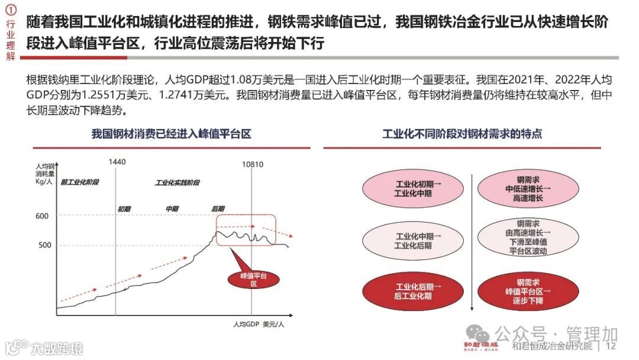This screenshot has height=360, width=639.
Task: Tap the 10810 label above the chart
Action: pos(253,164)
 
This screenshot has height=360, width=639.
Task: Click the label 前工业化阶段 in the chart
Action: pos(79,182)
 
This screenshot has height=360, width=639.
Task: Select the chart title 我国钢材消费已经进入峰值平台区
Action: pos(171,134)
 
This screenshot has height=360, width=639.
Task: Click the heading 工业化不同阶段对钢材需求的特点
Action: pos(462,134)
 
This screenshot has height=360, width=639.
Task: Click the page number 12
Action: pos(612,346)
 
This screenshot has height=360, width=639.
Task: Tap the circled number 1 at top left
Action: pos(10,9)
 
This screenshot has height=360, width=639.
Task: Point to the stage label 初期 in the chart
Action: pos(124,208)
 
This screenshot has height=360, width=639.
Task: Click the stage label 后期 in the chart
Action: pos(218,208)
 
